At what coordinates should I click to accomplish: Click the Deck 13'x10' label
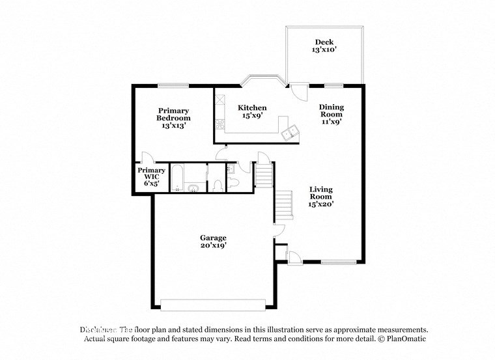click(324, 46)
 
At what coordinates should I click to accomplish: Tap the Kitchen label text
click(251, 111)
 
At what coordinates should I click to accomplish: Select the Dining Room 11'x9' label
click(331, 114)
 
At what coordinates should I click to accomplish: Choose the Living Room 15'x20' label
click(321, 196)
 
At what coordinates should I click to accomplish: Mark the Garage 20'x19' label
click(213, 242)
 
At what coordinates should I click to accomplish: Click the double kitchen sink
click(290, 133)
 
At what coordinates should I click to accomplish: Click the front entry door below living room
click(294, 257)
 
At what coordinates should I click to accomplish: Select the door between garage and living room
click(278, 230)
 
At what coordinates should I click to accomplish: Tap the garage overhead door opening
click(212, 305)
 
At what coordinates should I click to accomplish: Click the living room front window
click(338, 262)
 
